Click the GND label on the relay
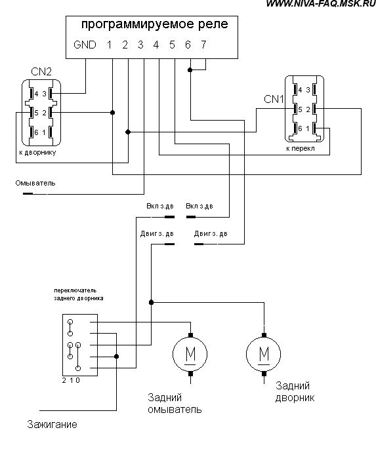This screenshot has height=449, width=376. [x=85, y=45]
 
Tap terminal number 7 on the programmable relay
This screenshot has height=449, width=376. [x=203, y=45]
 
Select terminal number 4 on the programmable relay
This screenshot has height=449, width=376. [x=156, y=45]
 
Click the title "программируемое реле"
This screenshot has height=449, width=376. [x=155, y=24]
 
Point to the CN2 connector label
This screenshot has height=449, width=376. [x=41, y=71]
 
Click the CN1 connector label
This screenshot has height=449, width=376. [x=274, y=99]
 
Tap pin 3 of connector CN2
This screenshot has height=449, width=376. [x=44, y=94]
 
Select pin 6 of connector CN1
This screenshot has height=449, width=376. [x=300, y=128]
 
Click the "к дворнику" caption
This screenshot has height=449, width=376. [x=37, y=152]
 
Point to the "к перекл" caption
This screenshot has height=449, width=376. [x=301, y=149]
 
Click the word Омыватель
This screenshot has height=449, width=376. [x=35, y=183]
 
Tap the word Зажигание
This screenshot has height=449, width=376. [x=52, y=424]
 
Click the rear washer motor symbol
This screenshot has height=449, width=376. [x=190, y=354]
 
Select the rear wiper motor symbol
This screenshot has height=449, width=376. [x=264, y=354]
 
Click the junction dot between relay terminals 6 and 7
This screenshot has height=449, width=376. [x=190, y=70]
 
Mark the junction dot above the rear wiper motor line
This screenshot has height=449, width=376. [x=152, y=302]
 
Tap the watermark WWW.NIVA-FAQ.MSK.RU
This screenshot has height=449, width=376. [x=321, y=3]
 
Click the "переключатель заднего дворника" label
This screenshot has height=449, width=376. [x=79, y=294]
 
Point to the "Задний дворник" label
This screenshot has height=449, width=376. [x=295, y=392]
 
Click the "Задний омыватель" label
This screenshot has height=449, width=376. [x=175, y=404]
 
